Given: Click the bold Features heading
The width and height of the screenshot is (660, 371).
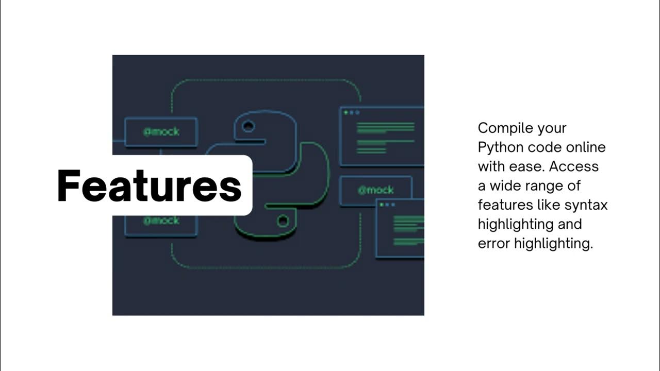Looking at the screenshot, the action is click(x=150, y=185).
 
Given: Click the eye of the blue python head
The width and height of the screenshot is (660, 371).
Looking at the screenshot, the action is click(x=248, y=127).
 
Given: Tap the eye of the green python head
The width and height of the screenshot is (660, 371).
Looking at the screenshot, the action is click(x=283, y=221).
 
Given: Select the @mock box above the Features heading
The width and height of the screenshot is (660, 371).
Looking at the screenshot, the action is click(x=161, y=131).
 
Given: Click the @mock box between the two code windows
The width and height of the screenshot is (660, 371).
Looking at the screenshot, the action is click(x=376, y=190).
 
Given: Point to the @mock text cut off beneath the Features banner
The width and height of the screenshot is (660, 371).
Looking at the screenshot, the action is click(x=161, y=221).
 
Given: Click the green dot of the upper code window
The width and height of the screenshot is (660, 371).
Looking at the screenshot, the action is click(x=346, y=112).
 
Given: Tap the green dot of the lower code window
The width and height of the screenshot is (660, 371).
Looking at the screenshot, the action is click(x=382, y=205).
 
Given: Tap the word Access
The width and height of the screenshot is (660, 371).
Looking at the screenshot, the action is click(x=574, y=166).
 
